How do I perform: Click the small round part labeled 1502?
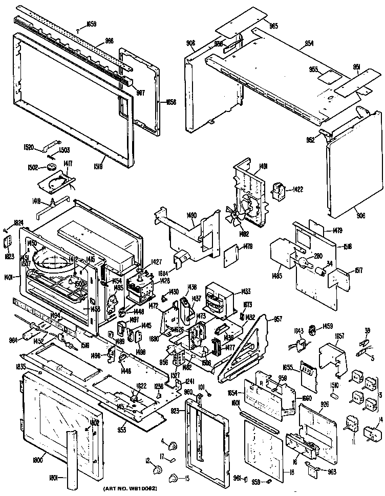point(51,167)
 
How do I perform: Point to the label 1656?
point(170,102)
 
